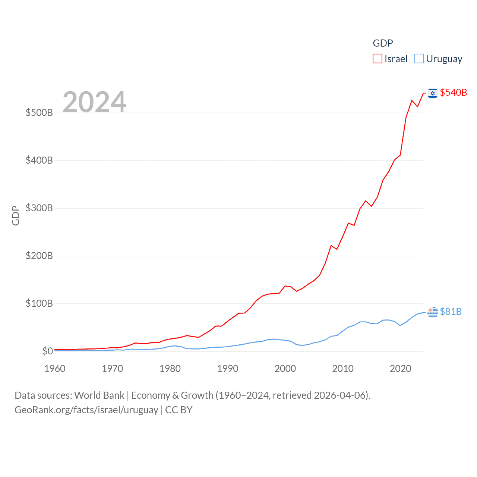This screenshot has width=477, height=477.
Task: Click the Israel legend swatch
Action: pos(378,59)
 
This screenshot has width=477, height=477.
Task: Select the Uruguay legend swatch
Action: pos(419,59)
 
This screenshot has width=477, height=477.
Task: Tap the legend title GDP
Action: pos(383,43)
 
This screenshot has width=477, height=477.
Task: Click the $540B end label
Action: pos(453,92)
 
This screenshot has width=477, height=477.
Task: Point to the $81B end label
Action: pos(451,312)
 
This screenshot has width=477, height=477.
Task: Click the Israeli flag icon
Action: pos(433,93)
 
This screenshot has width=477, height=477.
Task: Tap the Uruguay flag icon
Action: pos(433,312)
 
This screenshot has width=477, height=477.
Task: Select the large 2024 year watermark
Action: pos(94,102)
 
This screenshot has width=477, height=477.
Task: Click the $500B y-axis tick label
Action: pos(39,113)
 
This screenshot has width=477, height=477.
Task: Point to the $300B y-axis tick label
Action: pos(39,208)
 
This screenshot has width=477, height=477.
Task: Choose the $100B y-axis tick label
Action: pos(39,303)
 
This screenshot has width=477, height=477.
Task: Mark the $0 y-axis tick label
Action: pos(47,351)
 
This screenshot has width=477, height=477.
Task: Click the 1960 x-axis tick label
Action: pos(55,369)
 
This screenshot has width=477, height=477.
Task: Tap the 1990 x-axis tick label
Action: pos(228,369)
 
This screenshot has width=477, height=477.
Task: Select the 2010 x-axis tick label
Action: pos(343,369)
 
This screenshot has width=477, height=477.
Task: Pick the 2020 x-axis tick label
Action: pos(400,369)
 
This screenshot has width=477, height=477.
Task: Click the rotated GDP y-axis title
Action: pos(16,215)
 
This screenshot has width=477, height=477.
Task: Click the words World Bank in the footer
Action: pos(99,395)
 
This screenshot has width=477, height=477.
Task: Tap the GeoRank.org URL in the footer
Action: pos(86,410)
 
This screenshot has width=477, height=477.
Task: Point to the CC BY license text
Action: pos(179,410)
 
